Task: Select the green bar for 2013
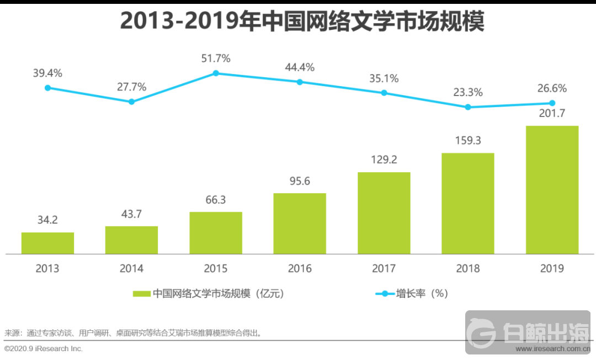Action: (x=47, y=243)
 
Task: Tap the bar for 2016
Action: (x=300, y=223)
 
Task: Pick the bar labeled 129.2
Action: (x=384, y=213)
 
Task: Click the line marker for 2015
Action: (x=216, y=73)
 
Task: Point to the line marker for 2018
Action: (x=468, y=107)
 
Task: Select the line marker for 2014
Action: (x=131, y=102)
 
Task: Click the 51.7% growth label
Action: (x=216, y=58)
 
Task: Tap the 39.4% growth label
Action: (x=47, y=73)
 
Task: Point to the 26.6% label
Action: (x=552, y=88)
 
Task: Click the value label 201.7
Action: (x=552, y=114)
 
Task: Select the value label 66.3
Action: (x=216, y=200)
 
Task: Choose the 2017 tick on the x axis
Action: (x=384, y=269)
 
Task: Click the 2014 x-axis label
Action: (x=131, y=269)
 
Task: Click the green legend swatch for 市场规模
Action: (x=141, y=294)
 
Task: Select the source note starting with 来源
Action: (x=132, y=333)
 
